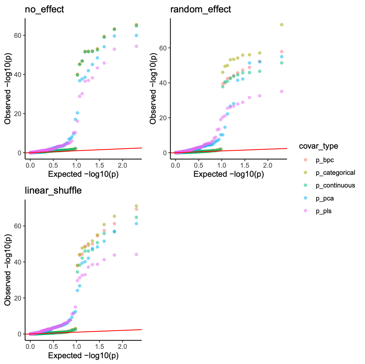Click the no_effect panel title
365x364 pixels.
[x=44, y=10]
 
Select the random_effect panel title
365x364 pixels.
[x=201, y=10]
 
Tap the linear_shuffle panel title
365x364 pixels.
[x=53, y=191]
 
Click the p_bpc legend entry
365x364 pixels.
[x=325, y=160]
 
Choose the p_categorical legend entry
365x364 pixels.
[x=335, y=173]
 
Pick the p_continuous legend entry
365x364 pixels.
[x=335, y=186]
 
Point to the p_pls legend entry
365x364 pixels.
[x=324, y=211]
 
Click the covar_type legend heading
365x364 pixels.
[x=319, y=146]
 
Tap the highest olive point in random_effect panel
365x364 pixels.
[x=282, y=25]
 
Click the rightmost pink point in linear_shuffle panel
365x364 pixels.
[x=136, y=255]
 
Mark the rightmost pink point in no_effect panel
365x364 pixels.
[x=136, y=46]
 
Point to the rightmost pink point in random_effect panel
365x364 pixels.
[x=282, y=92]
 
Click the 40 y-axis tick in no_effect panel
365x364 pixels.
[x=19, y=75]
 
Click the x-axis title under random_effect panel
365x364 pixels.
[x=229, y=174]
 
